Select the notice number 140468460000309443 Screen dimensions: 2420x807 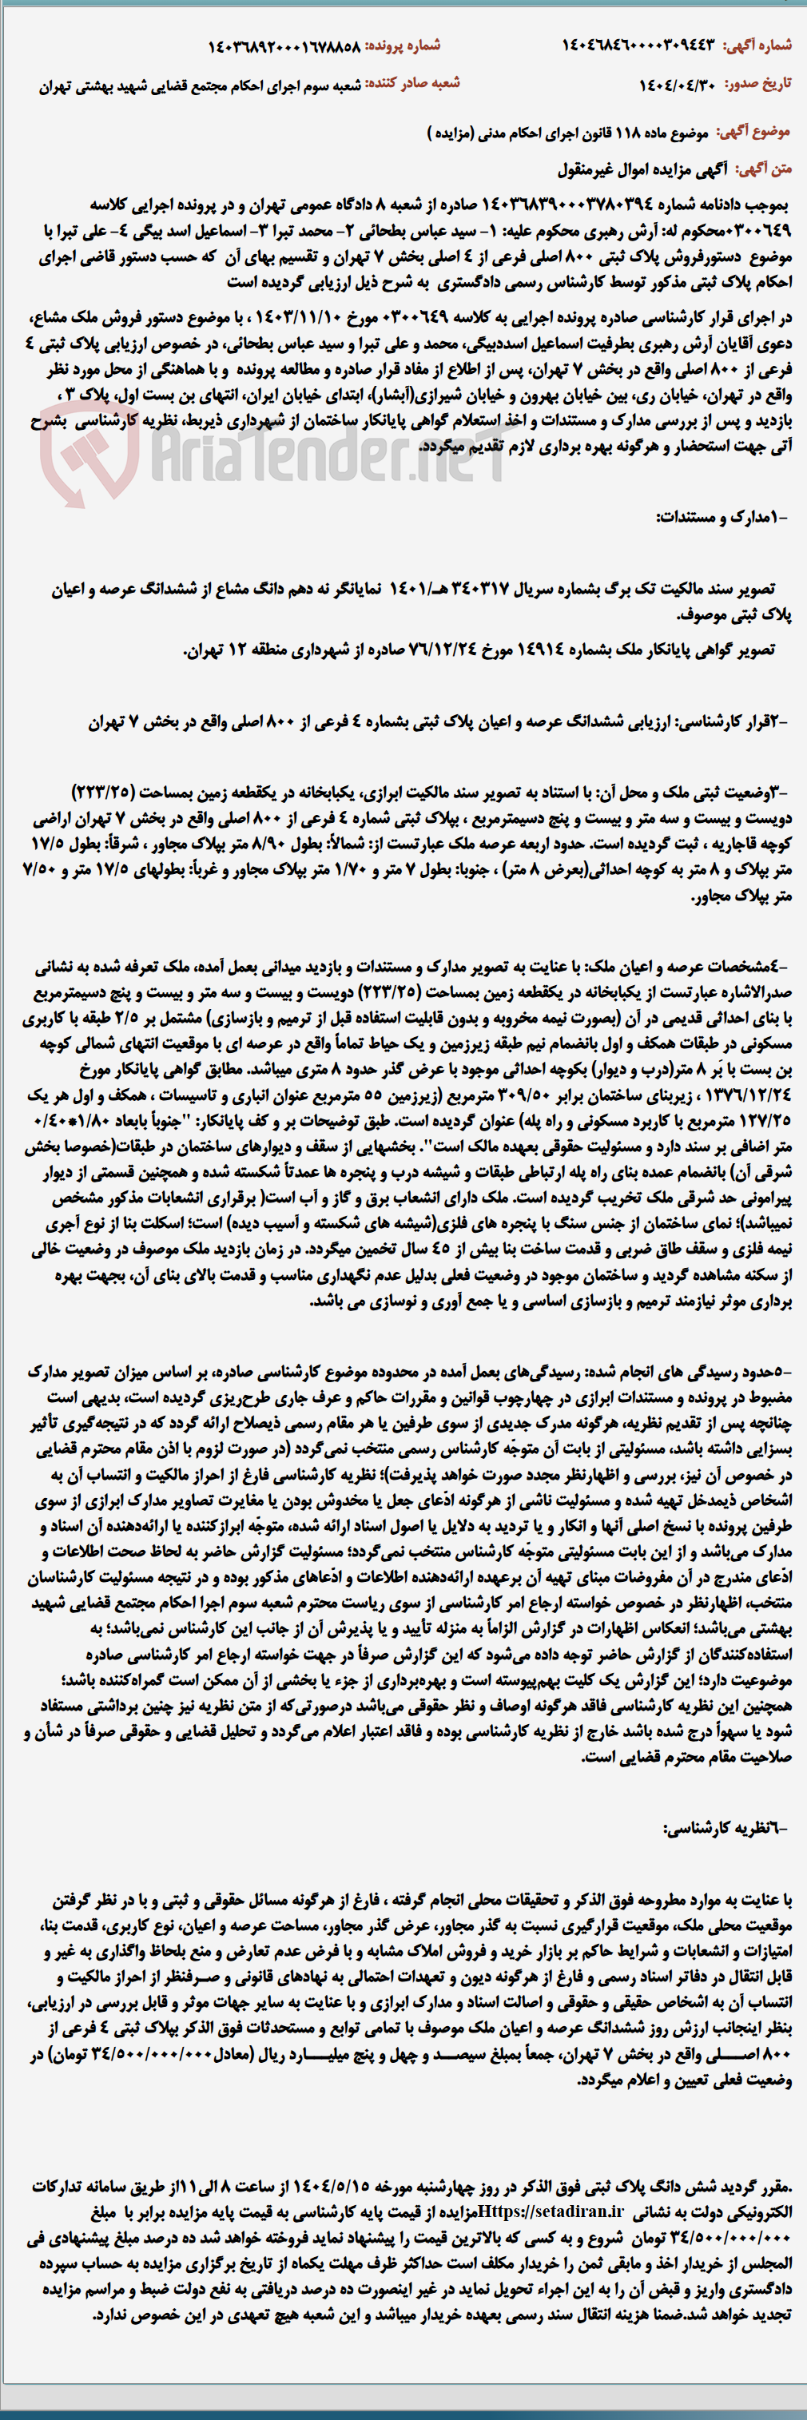point(639,45)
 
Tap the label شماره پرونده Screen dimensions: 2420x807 point(403,45)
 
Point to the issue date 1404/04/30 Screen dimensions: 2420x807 point(678,85)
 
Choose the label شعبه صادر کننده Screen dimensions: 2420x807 point(412,85)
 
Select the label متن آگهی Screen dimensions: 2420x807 point(765,169)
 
